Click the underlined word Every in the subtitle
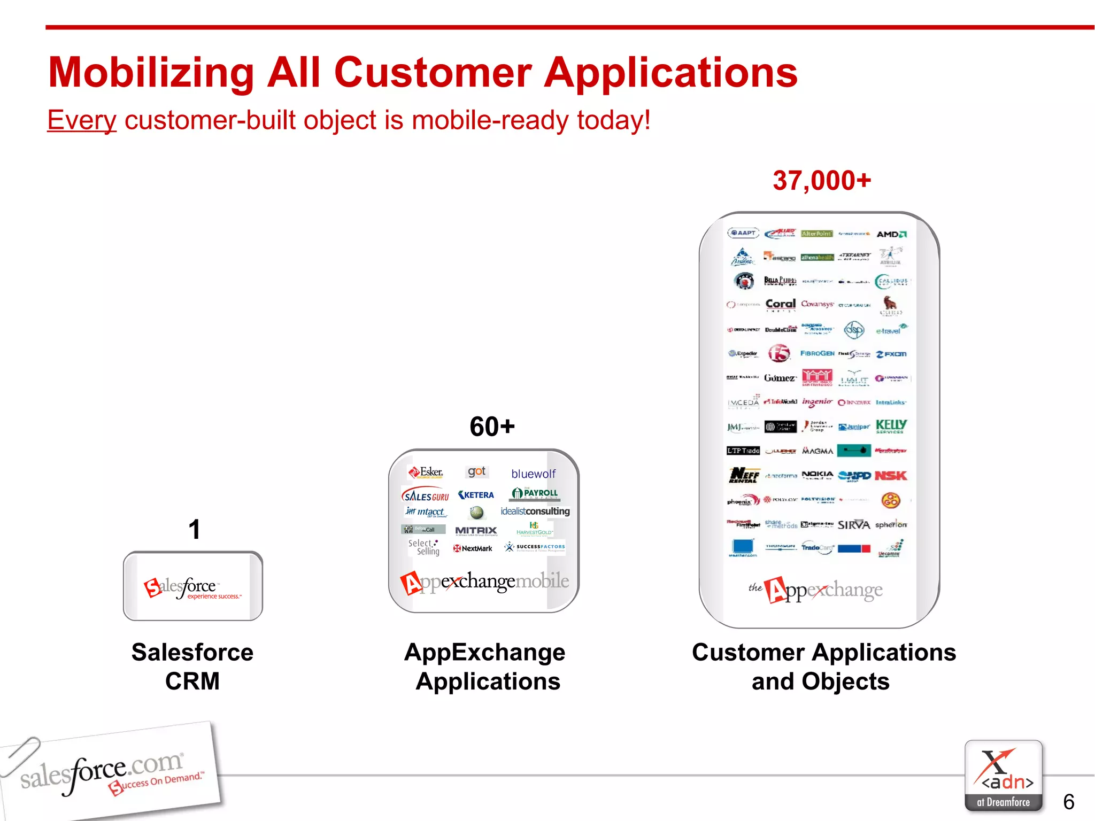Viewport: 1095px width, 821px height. tap(82, 120)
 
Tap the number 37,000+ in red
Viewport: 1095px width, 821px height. tap(822, 181)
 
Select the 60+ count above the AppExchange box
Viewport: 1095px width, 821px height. tap(492, 427)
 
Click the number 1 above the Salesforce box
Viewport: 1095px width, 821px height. tap(194, 530)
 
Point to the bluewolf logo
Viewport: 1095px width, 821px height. tap(533, 474)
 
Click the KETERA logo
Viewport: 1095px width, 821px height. tap(476, 495)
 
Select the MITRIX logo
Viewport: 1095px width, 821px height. tap(476, 530)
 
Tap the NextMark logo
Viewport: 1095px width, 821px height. tap(473, 548)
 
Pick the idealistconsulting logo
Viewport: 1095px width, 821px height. tap(535, 511)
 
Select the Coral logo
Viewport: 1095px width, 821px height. tap(780, 304)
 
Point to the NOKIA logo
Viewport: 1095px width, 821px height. tap(817, 475)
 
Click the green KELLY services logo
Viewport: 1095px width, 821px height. tap(891, 425)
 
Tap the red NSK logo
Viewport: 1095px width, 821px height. tap(891, 475)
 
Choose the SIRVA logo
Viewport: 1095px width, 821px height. tap(854, 525)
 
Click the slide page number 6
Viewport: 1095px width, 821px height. tap(1068, 802)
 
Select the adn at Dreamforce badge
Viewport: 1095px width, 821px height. tap(1003, 776)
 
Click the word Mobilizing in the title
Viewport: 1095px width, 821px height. tap(151, 73)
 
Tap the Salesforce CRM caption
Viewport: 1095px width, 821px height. tap(192, 667)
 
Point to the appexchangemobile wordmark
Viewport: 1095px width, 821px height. tap(484, 582)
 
